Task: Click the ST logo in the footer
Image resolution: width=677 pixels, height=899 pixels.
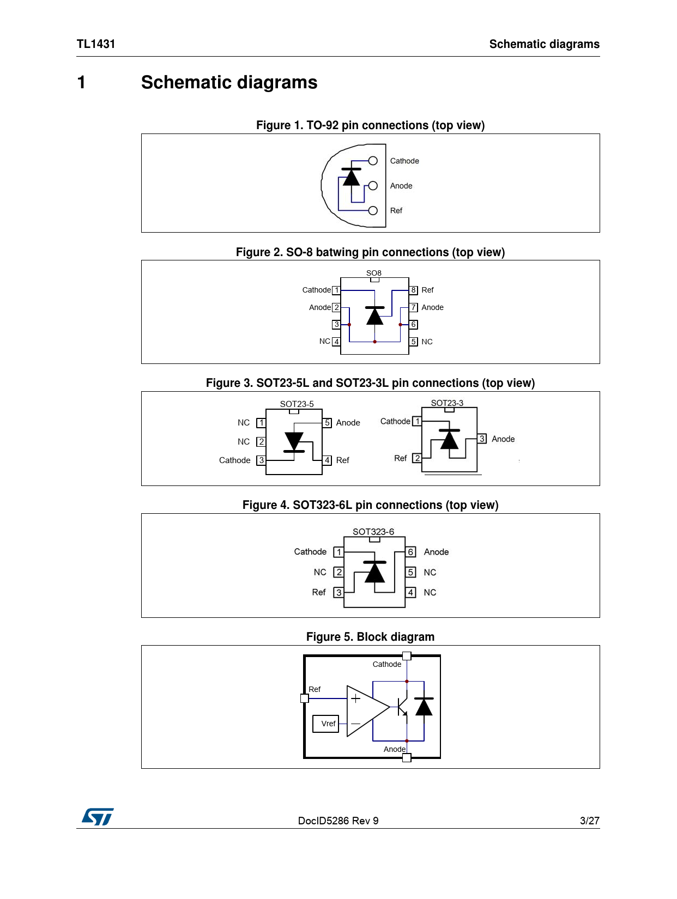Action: [x=98, y=816]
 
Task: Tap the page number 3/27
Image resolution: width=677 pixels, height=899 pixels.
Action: [x=589, y=821]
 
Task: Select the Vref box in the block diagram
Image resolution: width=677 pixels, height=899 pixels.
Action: [x=326, y=724]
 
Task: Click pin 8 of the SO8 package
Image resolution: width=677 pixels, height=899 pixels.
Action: [x=414, y=290]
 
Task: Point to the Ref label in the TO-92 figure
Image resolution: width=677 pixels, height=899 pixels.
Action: [x=396, y=211]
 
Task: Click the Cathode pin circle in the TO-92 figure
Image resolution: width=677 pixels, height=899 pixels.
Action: [x=373, y=161]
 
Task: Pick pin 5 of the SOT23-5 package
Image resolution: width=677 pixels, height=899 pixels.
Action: [x=327, y=423]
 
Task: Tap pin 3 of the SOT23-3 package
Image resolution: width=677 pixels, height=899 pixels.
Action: [x=482, y=439]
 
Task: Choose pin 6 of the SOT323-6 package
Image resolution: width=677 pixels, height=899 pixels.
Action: [x=411, y=552]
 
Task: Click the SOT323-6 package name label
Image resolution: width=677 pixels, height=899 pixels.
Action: [x=373, y=532]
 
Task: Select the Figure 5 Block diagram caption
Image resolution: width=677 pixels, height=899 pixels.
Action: [x=370, y=637]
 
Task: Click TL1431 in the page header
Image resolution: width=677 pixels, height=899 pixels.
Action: [x=96, y=44]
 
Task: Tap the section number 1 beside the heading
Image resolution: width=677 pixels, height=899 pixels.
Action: [x=81, y=83]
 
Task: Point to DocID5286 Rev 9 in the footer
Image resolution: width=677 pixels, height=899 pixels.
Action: [x=338, y=821]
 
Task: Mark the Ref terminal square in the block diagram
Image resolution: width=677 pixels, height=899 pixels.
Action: [x=305, y=698]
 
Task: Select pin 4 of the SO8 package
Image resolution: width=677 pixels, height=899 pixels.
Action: [x=336, y=342]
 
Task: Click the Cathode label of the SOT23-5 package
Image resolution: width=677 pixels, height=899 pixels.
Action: [x=235, y=460]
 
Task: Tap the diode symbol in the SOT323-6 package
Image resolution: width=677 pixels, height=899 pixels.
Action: [x=374, y=572]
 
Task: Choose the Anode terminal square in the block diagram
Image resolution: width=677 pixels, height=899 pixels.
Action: [x=407, y=757]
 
